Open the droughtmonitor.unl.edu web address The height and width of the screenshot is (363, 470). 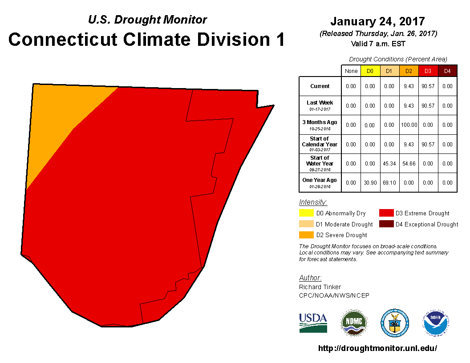click(x=377, y=348)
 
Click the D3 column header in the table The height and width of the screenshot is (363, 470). click(x=428, y=71)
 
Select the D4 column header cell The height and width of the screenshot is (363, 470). click(x=447, y=71)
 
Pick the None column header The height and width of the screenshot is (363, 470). click(x=351, y=71)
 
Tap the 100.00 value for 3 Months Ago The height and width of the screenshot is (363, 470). click(x=409, y=125)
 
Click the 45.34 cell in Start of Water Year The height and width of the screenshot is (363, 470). click(x=389, y=164)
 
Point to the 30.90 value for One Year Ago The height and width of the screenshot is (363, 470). click(x=370, y=183)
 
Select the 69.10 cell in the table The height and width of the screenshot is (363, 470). click(x=389, y=183)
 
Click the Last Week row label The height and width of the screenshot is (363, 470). click(x=320, y=105)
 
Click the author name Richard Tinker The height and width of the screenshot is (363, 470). click(x=320, y=287)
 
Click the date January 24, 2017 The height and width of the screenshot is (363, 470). click(x=377, y=21)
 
